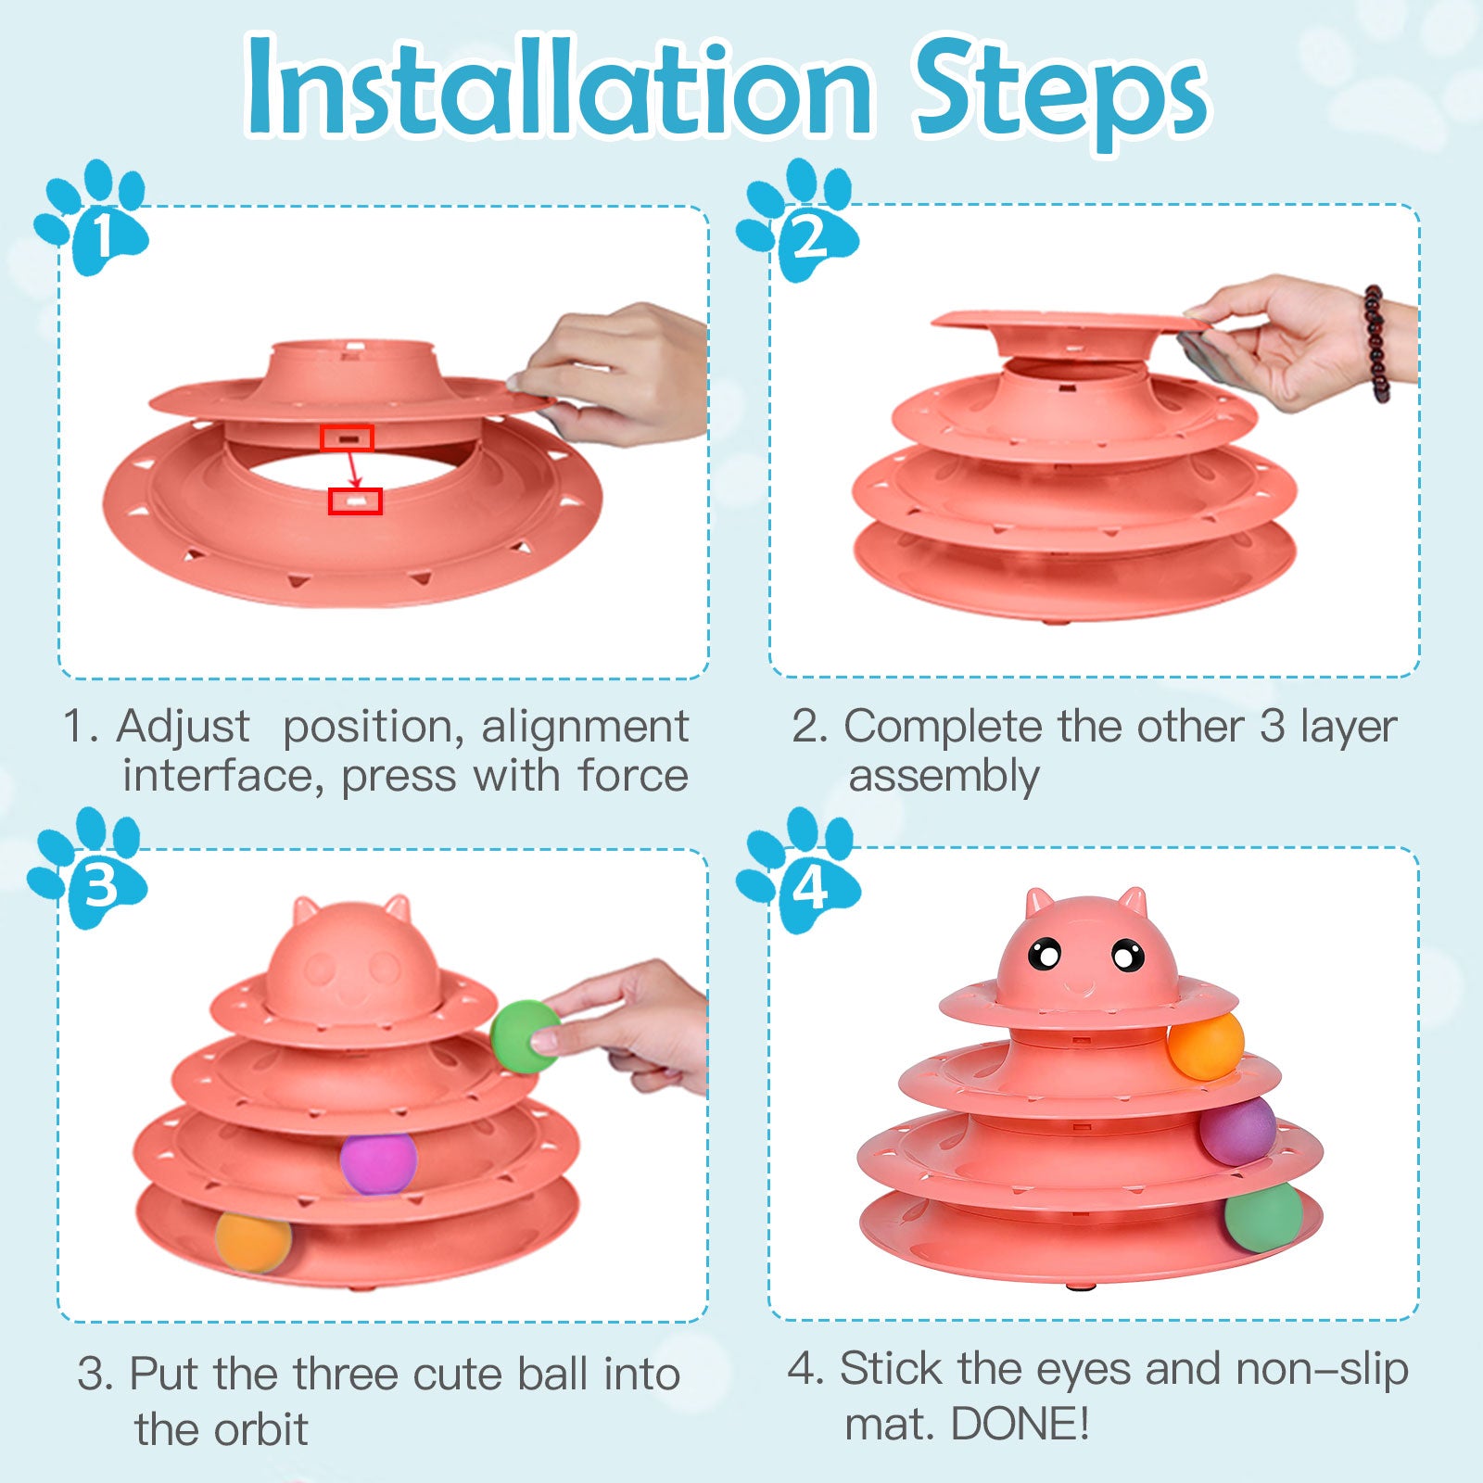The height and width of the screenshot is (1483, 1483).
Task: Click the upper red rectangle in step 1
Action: click(347, 438)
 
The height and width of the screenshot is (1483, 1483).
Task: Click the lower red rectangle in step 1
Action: click(355, 501)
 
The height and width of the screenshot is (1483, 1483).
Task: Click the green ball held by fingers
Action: click(525, 1036)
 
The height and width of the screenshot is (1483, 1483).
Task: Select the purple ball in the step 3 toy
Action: click(378, 1162)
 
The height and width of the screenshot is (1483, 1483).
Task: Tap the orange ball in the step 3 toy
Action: click(253, 1242)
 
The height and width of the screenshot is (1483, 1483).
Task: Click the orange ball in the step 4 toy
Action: click(1205, 1046)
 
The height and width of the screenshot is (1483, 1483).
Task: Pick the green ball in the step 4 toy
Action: click(1263, 1217)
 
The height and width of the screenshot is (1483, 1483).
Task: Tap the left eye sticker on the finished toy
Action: click(1045, 954)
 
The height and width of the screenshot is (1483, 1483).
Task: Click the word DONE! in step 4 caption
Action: click(1020, 1425)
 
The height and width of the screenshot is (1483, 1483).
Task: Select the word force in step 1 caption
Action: click(633, 775)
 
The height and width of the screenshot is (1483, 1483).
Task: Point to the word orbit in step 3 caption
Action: click(260, 1428)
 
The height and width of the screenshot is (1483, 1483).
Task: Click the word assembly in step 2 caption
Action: click(944, 777)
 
